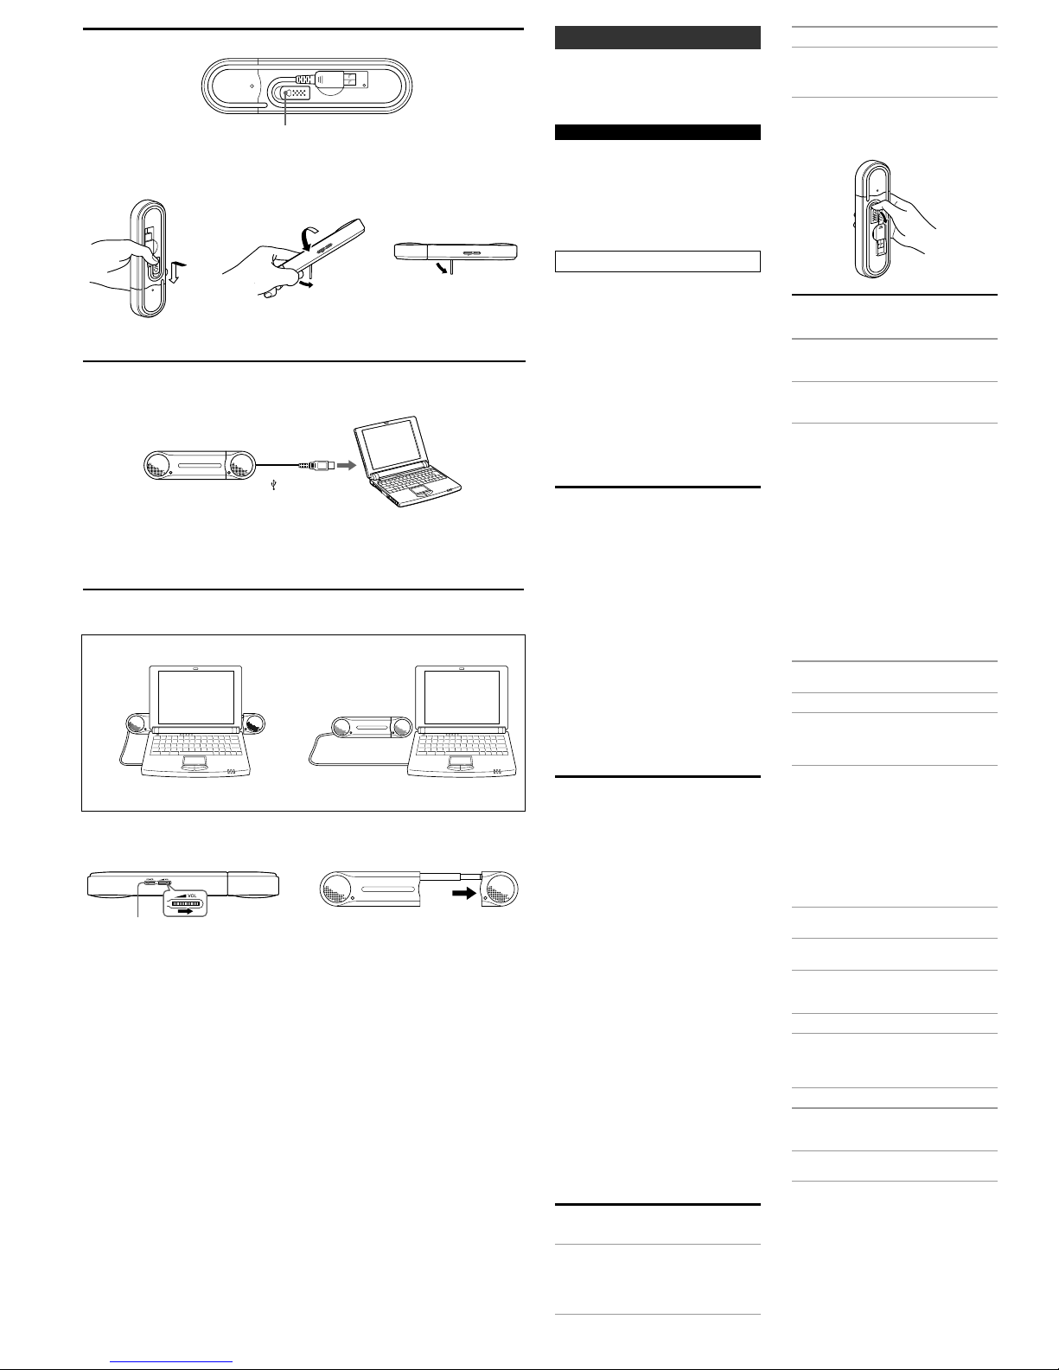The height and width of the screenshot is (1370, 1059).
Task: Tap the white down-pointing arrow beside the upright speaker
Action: pos(177,272)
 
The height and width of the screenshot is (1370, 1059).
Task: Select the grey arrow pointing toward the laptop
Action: pos(347,465)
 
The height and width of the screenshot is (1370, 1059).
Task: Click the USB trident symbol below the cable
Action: pos(273,485)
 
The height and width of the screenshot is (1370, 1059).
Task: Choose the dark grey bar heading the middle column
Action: pos(658,38)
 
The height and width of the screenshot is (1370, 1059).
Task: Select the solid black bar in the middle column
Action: pos(658,132)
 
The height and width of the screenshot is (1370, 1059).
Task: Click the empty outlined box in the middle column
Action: pos(658,261)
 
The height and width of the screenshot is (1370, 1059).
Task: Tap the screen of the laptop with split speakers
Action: pos(195,697)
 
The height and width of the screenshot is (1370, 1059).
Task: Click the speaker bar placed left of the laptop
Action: pos(372,727)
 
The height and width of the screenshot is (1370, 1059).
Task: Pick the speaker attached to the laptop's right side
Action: pos(255,723)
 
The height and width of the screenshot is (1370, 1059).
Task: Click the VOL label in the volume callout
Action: pos(192,895)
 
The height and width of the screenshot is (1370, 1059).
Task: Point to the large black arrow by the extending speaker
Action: pos(464,893)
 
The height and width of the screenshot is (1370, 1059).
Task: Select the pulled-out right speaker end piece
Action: pos(500,889)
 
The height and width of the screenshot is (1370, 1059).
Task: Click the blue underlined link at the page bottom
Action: pos(171,1361)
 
